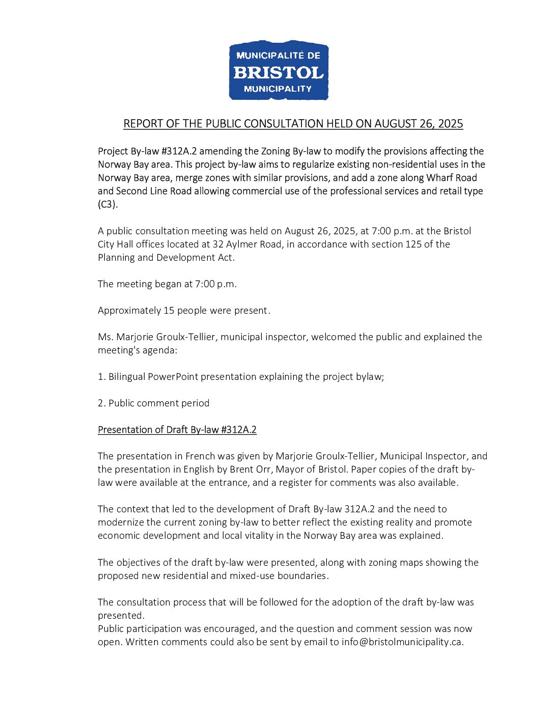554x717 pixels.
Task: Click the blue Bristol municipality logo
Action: point(279,70)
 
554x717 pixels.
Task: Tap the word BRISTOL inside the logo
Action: point(279,73)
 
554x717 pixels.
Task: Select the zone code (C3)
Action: point(107,204)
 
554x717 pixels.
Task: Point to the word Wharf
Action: point(441,178)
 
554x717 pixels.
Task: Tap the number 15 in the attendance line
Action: point(169,310)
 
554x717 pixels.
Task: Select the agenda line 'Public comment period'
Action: point(153,403)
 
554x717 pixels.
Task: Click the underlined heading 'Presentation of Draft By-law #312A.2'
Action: point(177,429)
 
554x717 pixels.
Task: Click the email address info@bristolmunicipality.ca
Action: point(402,642)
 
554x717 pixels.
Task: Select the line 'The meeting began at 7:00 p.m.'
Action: point(167,284)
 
